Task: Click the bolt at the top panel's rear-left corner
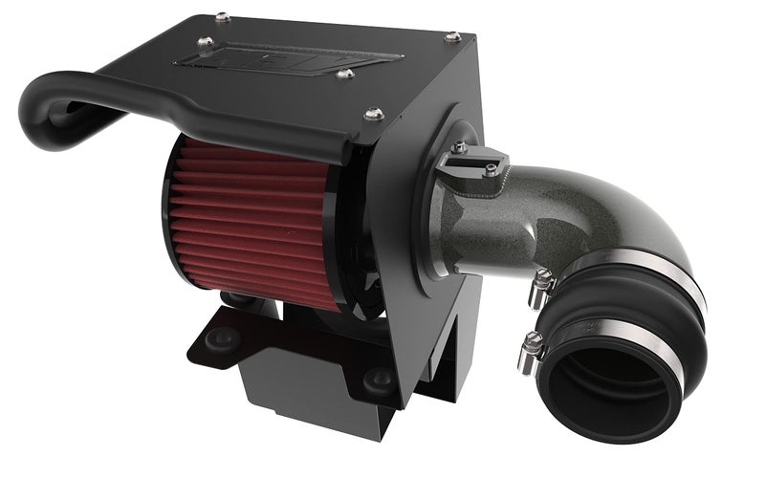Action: tap(222, 16)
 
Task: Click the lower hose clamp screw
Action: tap(532, 343)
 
